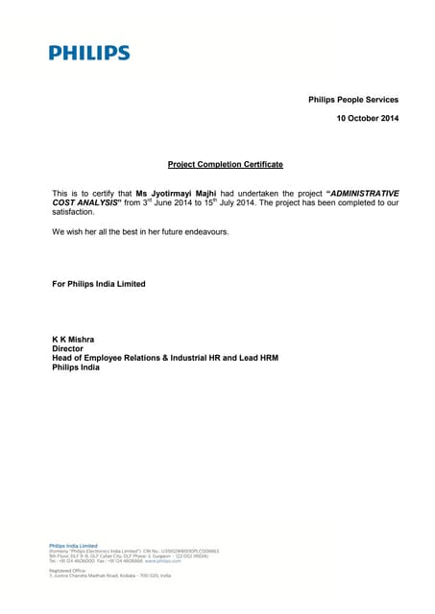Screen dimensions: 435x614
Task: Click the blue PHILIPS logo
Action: (89, 53)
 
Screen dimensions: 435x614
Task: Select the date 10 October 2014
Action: (367, 118)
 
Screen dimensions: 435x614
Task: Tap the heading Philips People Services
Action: (352, 100)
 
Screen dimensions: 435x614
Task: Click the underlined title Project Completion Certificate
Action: (225, 164)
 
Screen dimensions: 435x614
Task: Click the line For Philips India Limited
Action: (99, 283)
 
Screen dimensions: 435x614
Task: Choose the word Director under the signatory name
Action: (67, 349)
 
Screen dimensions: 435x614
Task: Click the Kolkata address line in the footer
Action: (109, 575)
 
